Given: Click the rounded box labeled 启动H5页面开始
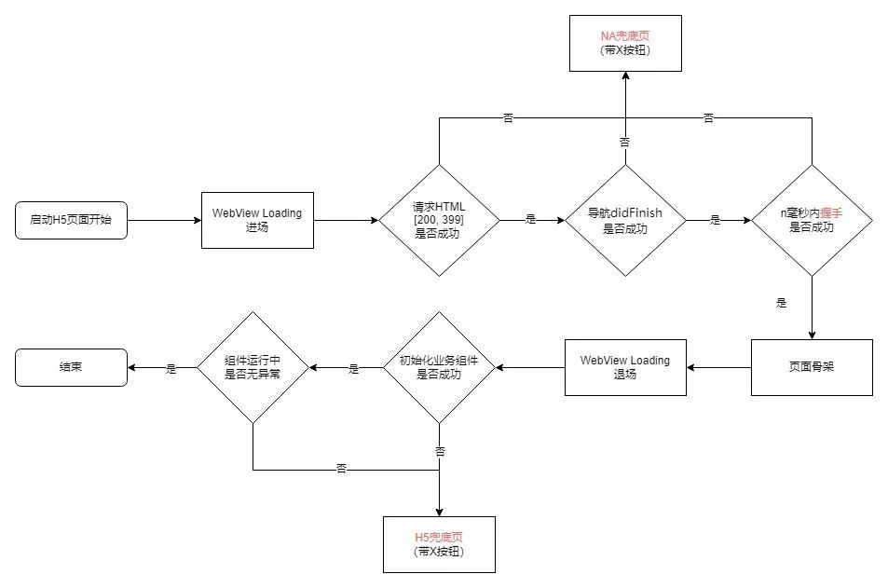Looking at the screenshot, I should coord(71,220).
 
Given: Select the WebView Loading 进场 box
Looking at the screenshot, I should coord(257,220).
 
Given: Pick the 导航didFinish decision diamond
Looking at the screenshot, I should coord(625,220).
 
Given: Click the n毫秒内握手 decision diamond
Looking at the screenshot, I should coord(812,220).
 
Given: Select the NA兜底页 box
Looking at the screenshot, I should coord(625,43).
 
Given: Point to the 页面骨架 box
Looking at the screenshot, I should coord(812,367).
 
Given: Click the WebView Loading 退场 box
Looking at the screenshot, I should coord(625,367).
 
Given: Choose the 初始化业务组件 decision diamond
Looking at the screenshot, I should coord(439,367).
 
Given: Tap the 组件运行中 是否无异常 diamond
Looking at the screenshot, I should coord(253,367).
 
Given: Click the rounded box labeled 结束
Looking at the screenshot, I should coord(71,367).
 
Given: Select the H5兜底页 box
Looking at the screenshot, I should coord(439,544).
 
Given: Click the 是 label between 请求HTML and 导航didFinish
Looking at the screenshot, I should coord(531,220).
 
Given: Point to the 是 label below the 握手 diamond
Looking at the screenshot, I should coord(781,303).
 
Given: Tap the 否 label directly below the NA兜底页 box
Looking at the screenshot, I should coord(625,142).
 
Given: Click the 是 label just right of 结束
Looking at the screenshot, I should coord(171,368).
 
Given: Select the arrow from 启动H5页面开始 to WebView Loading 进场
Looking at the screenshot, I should coord(164,220).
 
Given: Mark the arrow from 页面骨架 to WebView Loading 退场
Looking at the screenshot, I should coord(718,367).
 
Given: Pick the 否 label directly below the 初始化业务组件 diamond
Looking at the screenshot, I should coord(440,451).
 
